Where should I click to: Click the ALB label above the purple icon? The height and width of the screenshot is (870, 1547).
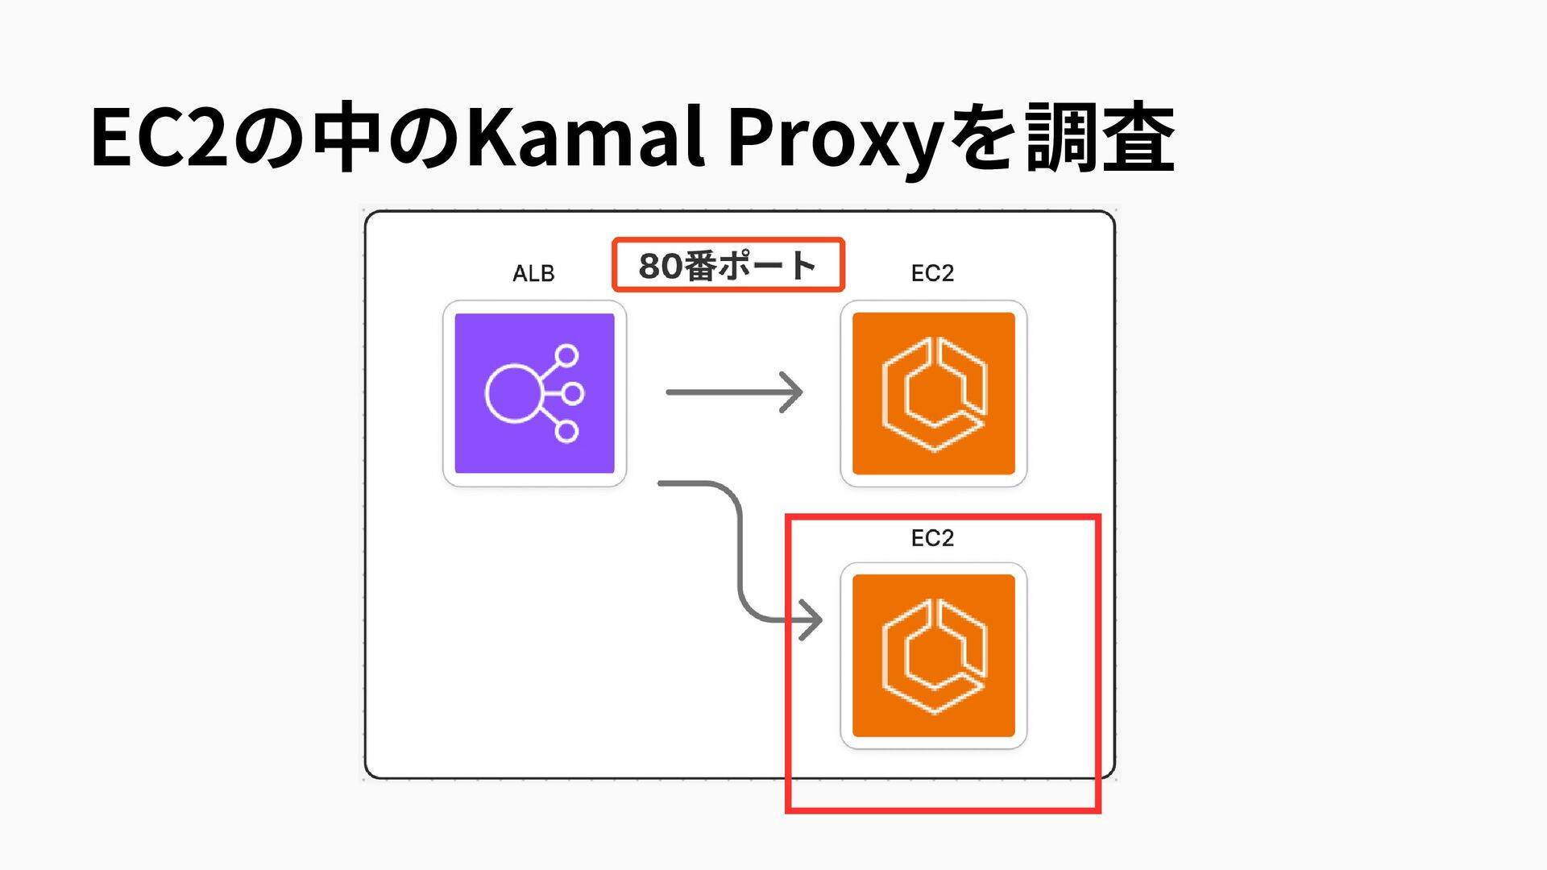(533, 274)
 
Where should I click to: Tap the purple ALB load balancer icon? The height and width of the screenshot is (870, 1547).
(534, 393)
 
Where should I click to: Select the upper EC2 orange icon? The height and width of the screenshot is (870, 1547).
(933, 393)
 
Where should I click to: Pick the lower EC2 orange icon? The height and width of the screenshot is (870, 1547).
(933, 656)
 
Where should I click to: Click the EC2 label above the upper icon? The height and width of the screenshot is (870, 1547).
(932, 274)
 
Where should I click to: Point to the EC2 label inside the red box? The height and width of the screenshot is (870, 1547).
(932, 538)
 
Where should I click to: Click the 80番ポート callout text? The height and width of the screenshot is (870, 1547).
(728, 265)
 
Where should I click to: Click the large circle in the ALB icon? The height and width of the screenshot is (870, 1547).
(513, 393)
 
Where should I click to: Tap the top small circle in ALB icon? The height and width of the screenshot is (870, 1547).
(567, 355)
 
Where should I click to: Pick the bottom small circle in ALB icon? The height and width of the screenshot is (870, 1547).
(567, 432)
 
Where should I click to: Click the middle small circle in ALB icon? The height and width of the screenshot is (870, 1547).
(573, 393)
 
